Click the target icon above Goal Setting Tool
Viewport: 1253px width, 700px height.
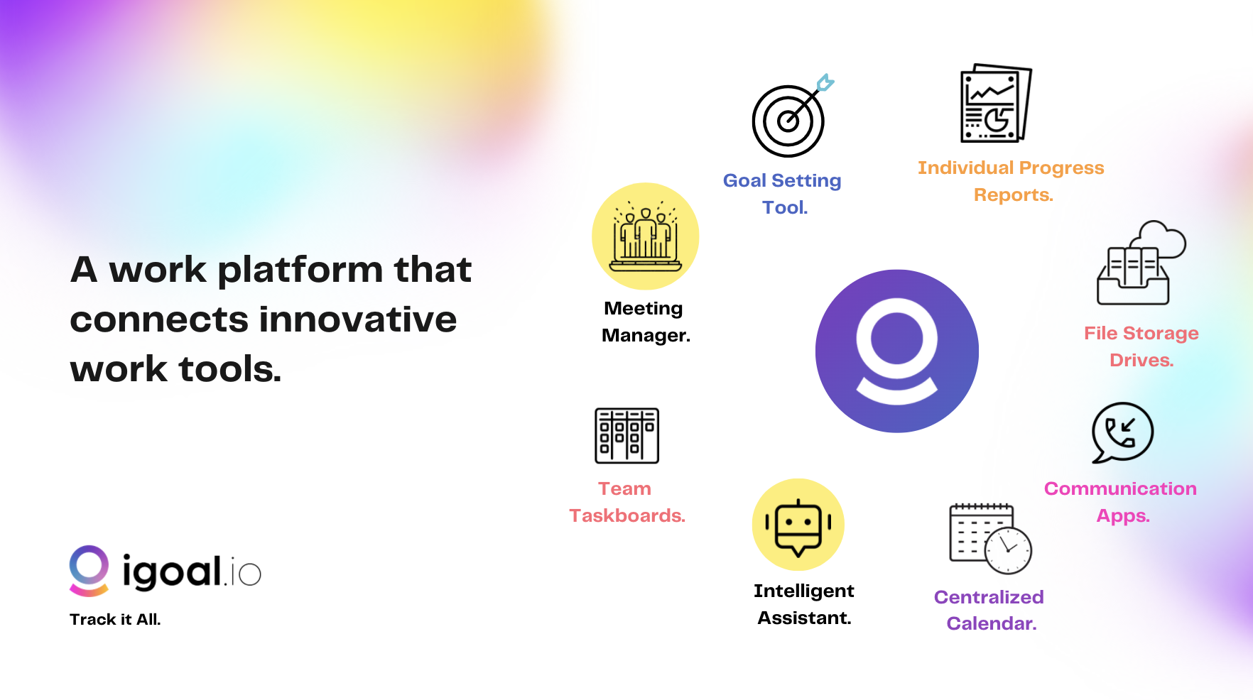788,121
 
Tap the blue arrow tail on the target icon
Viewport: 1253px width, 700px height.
825,82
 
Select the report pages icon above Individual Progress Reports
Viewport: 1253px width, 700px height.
994,104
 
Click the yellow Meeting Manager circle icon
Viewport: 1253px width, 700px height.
645,236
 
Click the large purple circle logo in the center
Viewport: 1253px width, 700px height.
896,351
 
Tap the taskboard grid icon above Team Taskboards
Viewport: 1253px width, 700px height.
626,435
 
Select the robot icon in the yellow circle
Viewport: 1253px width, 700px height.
798,525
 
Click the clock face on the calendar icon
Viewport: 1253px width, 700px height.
1008,551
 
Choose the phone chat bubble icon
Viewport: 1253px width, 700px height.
1122,432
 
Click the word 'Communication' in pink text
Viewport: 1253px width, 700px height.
1120,488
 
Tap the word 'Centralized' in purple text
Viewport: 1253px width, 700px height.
988,597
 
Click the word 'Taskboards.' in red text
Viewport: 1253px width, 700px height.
626,515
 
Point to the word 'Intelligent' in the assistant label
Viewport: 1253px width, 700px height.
803,591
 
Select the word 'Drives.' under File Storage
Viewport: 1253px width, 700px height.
1141,360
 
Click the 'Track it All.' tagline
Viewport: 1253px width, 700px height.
115,619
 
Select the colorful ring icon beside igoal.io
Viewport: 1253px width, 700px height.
89,570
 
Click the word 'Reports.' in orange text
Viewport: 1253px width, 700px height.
1013,195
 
